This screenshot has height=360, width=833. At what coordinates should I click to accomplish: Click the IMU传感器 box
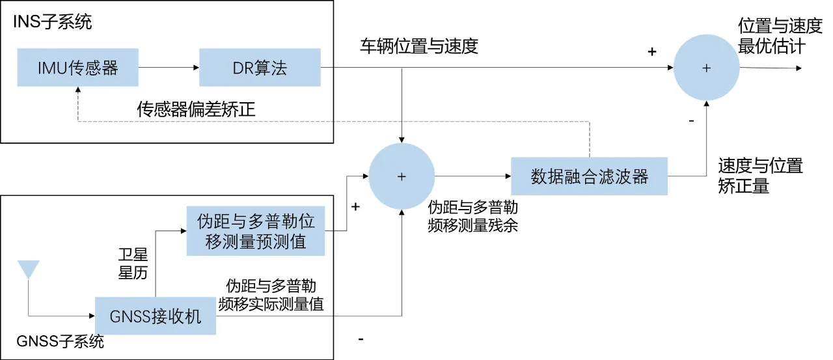click(x=77, y=68)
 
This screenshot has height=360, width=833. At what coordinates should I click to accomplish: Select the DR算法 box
click(x=260, y=68)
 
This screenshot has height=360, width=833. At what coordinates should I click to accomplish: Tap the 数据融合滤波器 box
click(x=589, y=176)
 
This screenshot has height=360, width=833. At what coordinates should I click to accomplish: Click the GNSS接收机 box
click(x=155, y=316)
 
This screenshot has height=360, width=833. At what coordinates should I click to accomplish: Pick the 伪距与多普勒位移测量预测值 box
click(x=255, y=231)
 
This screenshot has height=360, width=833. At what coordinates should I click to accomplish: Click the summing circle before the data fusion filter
click(x=402, y=176)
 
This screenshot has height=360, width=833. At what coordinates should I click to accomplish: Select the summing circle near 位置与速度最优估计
click(x=706, y=68)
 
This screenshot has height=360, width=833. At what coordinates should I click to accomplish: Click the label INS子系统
click(x=53, y=22)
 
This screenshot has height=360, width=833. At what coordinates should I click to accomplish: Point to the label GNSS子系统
click(x=60, y=342)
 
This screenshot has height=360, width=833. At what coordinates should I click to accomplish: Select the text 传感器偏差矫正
click(x=195, y=109)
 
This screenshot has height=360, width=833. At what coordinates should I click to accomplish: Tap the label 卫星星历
click(x=133, y=264)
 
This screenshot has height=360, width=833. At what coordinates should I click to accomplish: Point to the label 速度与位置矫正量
click(x=760, y=176)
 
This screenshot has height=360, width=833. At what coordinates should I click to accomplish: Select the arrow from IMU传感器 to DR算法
click(x=168, y=68)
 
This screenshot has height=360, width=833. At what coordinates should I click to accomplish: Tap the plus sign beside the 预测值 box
click(x=355, y=207)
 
